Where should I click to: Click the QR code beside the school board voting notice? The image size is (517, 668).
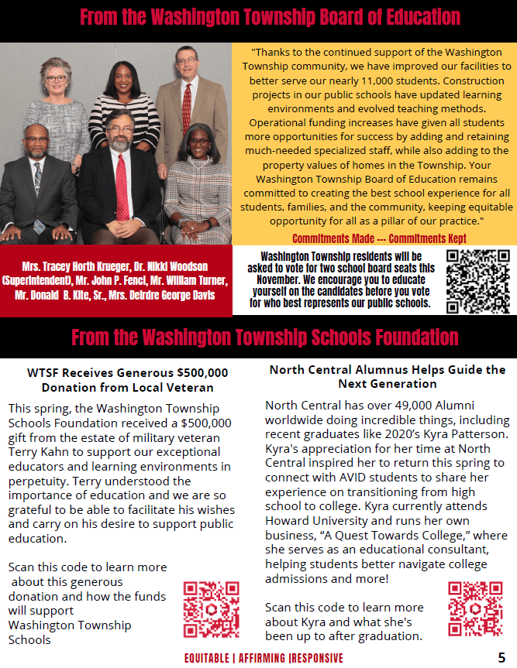pos(477,281)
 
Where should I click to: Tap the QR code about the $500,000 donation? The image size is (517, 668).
pos(211,610)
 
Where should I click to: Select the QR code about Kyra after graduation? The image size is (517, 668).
pos(475,608)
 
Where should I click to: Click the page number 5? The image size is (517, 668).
pos(501,658)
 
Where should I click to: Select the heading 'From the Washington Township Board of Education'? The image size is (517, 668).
pos(270,17)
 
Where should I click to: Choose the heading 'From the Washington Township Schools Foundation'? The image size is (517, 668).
pos(265,337)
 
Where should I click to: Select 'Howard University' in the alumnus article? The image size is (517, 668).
pos(312,521)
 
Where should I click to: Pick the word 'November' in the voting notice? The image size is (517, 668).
pos(272,279)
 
